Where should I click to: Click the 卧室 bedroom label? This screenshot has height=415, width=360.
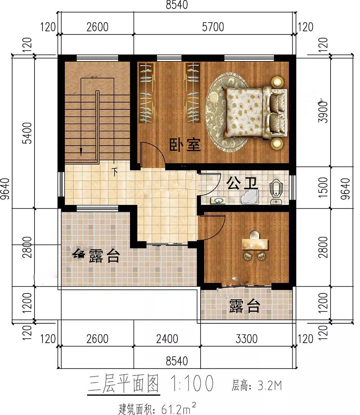(185, 145)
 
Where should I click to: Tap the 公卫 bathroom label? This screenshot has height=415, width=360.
(242, 183)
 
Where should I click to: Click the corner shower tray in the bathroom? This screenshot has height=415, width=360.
(249, 196)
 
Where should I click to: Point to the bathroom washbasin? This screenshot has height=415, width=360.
(218, 200)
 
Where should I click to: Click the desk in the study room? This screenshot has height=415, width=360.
(255, 243)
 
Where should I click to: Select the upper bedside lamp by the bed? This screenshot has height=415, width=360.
(277, 81)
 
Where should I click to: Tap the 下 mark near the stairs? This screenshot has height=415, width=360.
(115, 172)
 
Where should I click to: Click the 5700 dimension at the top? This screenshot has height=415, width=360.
(213, 27)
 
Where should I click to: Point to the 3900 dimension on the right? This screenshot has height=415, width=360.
(323, 112)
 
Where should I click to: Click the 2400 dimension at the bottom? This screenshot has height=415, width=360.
(167, 339)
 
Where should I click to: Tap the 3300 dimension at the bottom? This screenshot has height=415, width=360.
(246, 339)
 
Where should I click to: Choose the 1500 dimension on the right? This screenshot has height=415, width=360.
(323, 187)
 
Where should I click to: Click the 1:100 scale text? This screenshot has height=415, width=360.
(192, 383)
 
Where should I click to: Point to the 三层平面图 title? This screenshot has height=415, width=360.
(123, 383)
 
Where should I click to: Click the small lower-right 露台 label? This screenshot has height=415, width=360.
(244, 306)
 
